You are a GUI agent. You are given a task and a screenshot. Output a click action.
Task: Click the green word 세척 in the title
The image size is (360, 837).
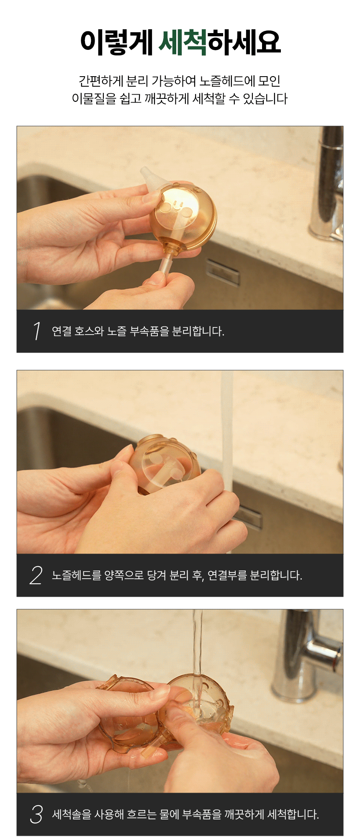(x=183, y=42)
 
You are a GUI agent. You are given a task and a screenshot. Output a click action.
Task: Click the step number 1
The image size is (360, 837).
(x=37, y=331)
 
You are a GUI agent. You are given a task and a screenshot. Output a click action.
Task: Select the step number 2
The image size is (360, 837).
(x=36, y=575)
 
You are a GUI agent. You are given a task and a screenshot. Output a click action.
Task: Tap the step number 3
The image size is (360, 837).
(x=36, y=814)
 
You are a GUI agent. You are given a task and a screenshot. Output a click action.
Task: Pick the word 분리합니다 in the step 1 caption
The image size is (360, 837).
(x=198, y=331)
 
